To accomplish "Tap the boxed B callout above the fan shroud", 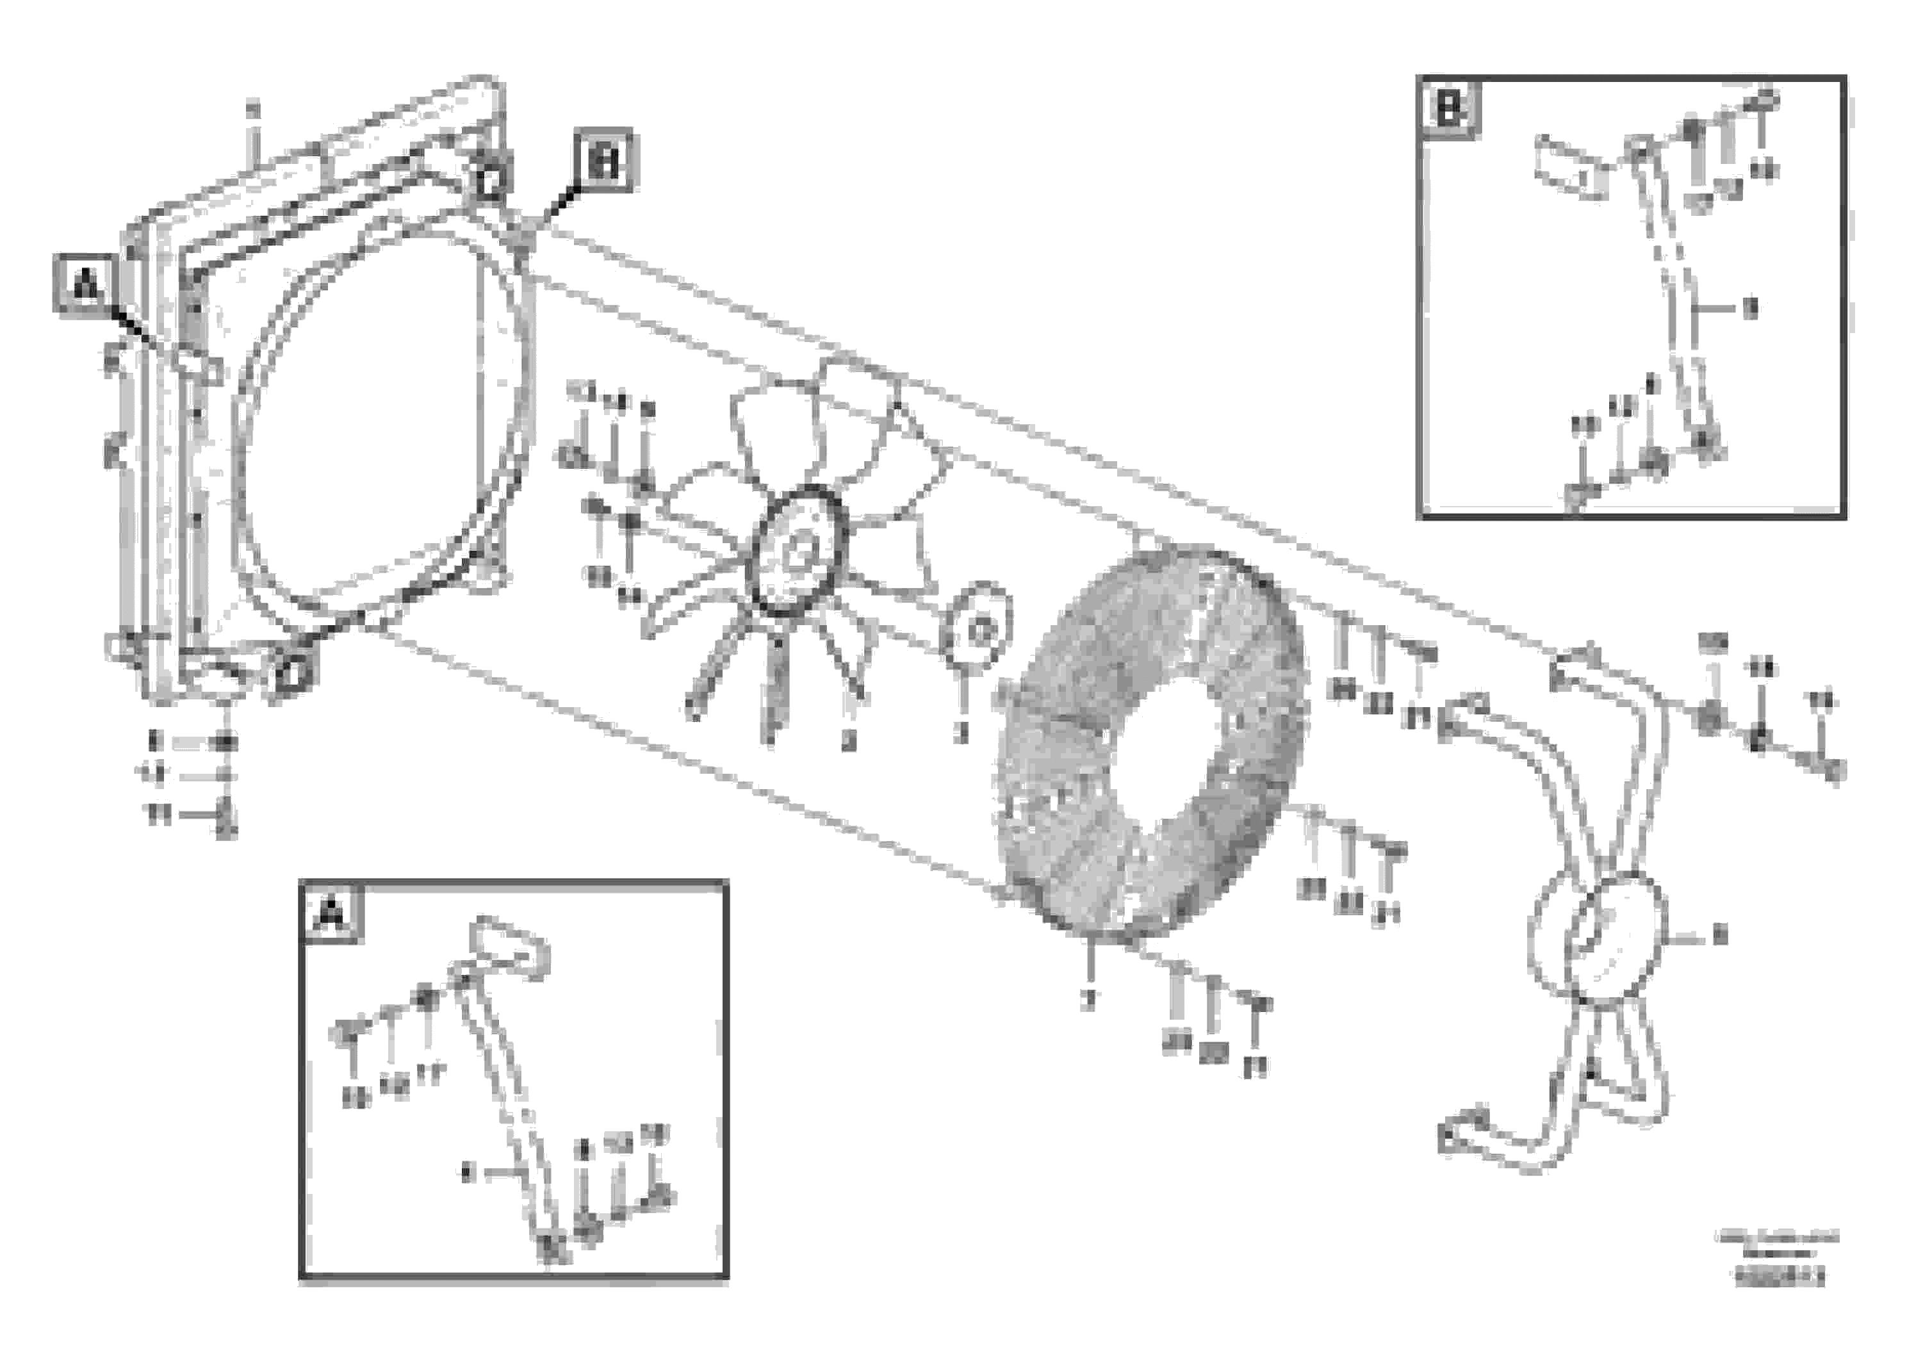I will pos(603,159).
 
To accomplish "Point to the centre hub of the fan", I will pos(798,552).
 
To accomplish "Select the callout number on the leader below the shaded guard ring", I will pos(1089,1002).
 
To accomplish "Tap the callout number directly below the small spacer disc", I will pos(961,733).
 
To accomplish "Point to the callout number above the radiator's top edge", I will pos(252,108).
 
